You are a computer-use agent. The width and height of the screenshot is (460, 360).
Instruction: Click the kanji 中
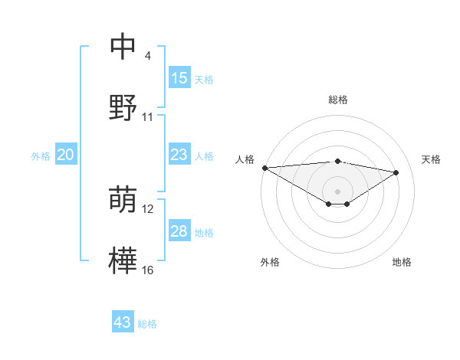coord(123,47)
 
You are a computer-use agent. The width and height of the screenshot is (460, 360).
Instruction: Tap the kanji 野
coord(123,107)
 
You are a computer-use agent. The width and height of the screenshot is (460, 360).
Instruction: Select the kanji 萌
coord(123,200)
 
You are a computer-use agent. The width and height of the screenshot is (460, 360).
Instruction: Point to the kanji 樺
coord(123,260)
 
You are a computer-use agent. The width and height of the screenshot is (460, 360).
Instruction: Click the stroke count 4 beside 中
coord(148,57)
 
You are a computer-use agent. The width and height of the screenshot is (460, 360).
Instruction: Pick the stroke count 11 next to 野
coord(148,117)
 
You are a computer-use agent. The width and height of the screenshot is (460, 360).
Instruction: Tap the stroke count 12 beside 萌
coord(148,209)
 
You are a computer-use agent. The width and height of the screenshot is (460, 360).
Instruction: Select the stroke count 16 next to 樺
coord(148,270)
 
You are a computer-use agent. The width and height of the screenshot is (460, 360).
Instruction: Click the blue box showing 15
coord(179,78)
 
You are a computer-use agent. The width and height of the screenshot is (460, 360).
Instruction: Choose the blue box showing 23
coord(179,155)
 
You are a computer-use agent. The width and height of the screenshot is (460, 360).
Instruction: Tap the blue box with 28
coord(179,231)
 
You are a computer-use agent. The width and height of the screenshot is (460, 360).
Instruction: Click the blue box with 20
coord(66,155)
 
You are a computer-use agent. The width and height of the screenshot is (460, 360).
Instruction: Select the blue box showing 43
coord(123,322)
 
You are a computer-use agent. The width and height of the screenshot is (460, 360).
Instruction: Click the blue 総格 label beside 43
coord(147,324)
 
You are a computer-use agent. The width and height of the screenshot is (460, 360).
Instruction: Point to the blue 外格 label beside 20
coord(41,156)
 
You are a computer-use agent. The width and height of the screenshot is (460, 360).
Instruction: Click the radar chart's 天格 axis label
coord(431,159)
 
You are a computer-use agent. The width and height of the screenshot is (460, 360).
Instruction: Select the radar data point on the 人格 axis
coord(264,168)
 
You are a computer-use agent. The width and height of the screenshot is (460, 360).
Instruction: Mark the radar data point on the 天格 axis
coord(396,172)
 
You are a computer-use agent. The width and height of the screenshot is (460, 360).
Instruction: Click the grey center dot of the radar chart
coord(337,191)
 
